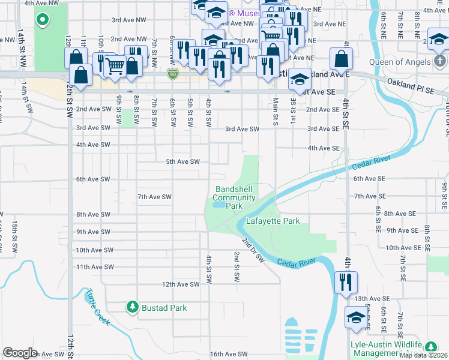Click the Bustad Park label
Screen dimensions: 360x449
pos(164,308)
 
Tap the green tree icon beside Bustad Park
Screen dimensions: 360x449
pos(133,307)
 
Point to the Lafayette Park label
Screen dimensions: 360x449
pos(273,221)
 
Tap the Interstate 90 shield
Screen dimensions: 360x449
pos(173,73)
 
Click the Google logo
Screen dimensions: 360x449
pos(20,353)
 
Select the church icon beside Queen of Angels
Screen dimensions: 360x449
pos(439,62)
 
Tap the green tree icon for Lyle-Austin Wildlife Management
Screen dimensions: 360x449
pos(430,347)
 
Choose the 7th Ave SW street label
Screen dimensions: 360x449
pos(155,197)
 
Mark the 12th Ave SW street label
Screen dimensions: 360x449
pos(181,284)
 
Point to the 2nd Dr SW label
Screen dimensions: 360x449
pos(253,250)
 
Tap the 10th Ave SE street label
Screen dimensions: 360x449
pos(400,248)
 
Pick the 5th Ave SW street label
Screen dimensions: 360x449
pos(182,162)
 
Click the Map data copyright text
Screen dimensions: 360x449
pos(424,355)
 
